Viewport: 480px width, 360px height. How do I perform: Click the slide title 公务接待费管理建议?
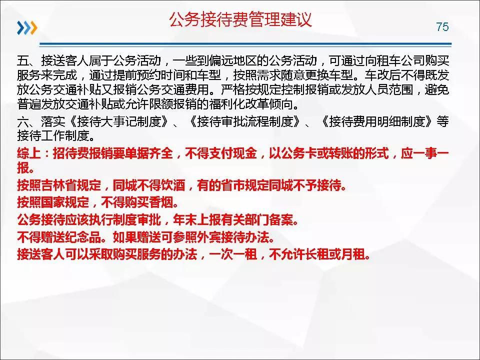[x=240, y=19]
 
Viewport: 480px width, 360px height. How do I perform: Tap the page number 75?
[x=442, y=27]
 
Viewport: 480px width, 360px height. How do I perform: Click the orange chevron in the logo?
[x=33, y=28]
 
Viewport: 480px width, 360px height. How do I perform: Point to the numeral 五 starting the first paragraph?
[x=22, y=62]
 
